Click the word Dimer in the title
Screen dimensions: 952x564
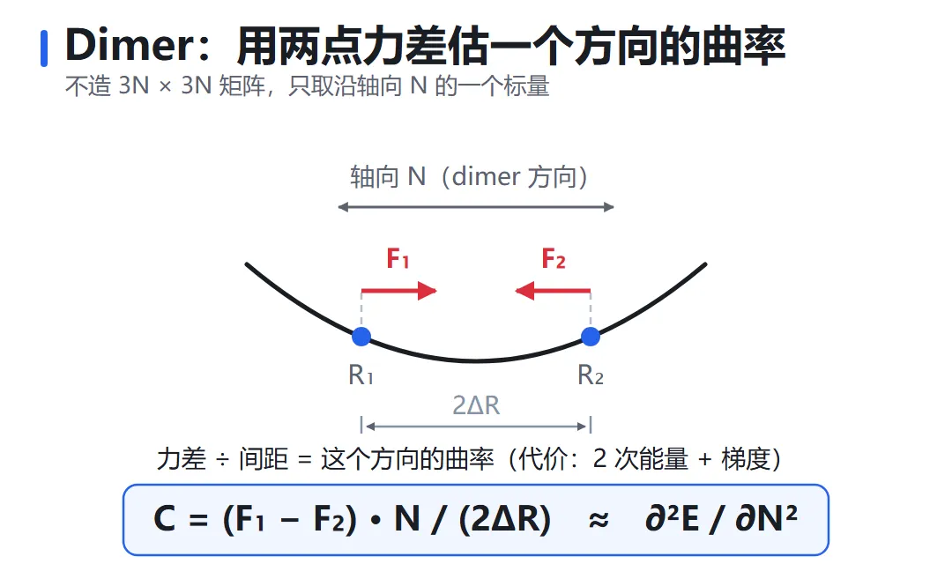coord(130,45)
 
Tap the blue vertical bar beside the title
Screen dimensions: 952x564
coord(44,48)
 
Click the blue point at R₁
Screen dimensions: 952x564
coord(361,337)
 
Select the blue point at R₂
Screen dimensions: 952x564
coord(590,337)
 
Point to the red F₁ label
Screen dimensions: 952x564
coord(398,258)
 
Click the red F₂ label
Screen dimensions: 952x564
coord(554,258)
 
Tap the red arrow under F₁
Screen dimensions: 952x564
coord(399,292)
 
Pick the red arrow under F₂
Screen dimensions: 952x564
coord(553,292)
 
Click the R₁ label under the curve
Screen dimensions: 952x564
coord(361,375)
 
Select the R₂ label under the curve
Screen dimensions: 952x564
coord(590,375)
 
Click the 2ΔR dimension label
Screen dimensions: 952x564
coord(476,405)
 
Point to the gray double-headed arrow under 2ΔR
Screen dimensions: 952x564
coord(476,427)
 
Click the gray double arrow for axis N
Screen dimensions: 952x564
coord(476,207)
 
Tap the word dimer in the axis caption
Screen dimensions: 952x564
coord(487,176)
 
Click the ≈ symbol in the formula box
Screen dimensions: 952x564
coord(599,520)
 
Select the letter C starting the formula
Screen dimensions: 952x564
coord(165,519)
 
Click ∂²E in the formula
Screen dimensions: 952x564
coord(672,518)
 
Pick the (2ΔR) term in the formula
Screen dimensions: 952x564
coord(504,520)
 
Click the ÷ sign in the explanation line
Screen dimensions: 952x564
coord(222,460)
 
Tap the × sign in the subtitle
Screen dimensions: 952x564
coord(165,87)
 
